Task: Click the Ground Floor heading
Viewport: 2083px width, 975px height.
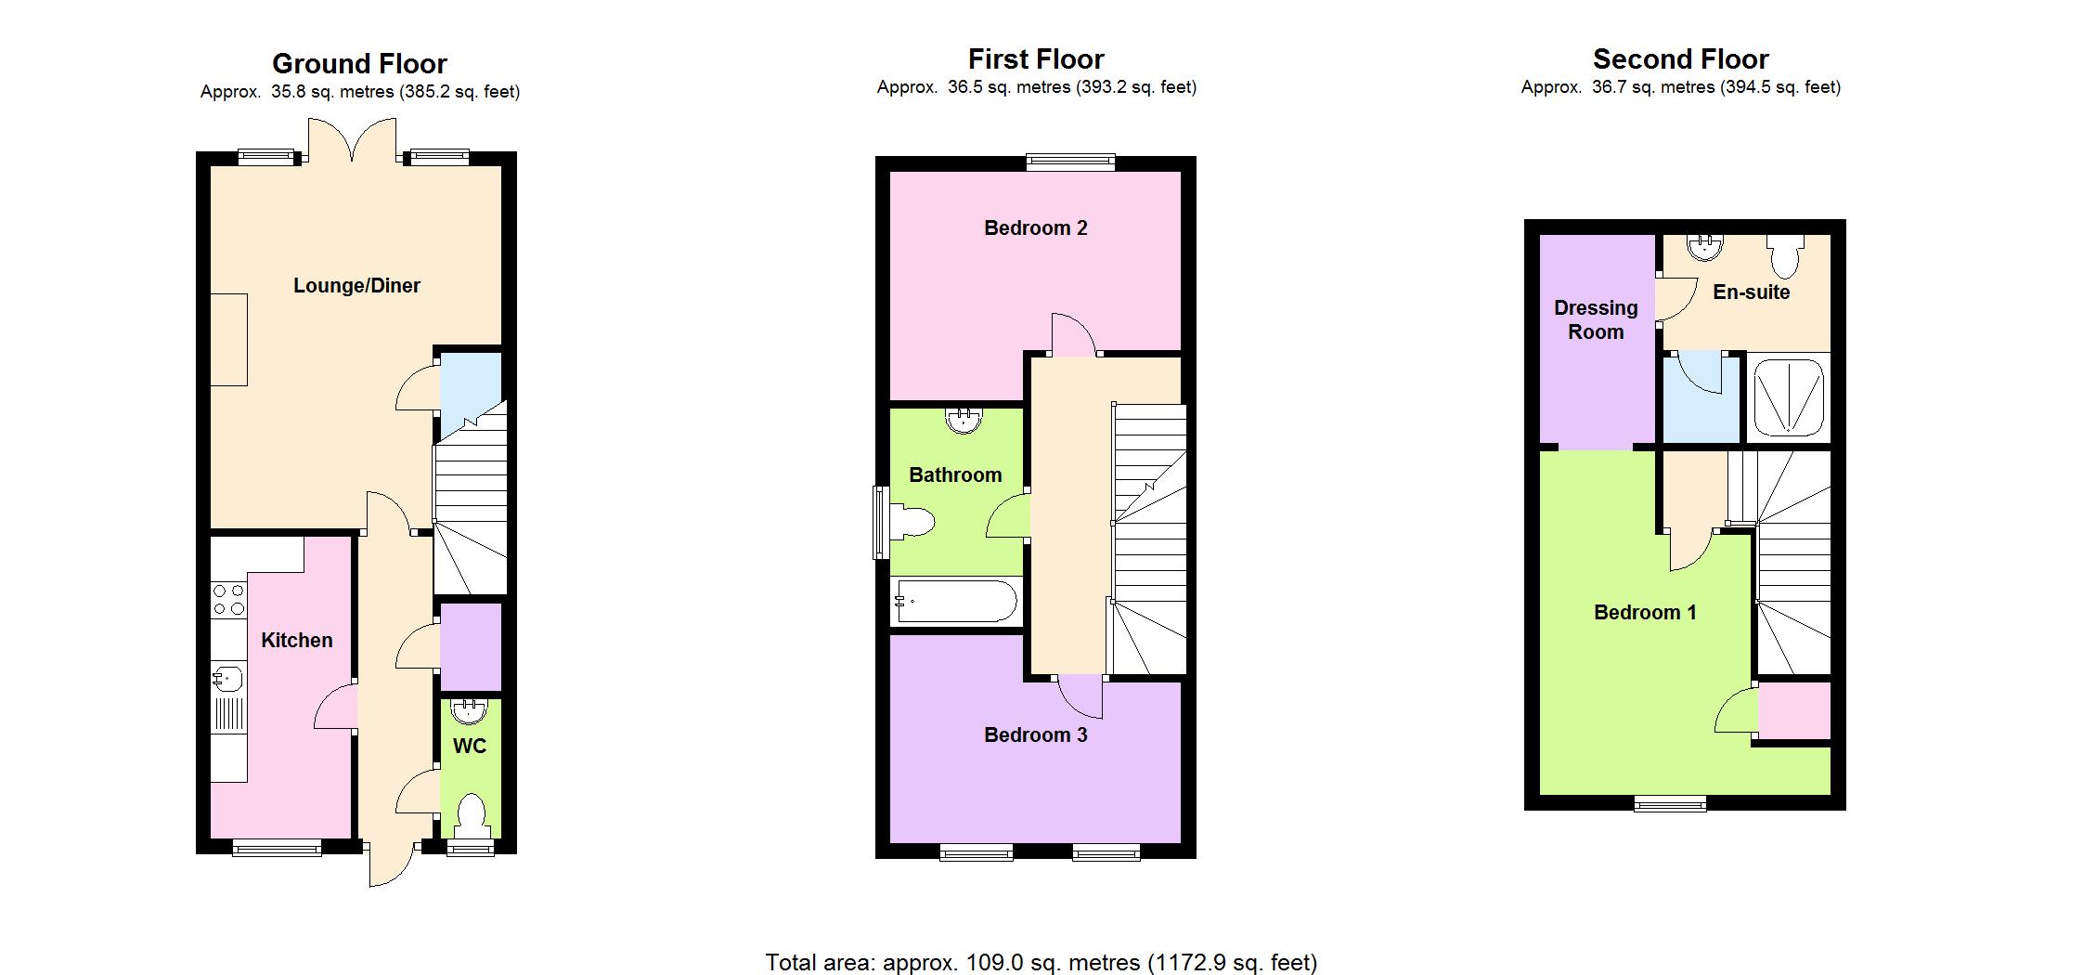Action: click(359, 63)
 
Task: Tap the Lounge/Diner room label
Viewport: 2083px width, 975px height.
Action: click(356, 286)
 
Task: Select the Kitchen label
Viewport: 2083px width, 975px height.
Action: click(296, 640)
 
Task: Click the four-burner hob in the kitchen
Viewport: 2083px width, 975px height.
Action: click(228, 599)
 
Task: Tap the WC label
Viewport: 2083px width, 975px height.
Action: click(470, 747)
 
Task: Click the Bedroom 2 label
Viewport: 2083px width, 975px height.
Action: click(1036, 227)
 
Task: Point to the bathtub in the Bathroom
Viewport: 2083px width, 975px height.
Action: click(955, 602)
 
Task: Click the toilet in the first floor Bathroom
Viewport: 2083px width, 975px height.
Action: click(912, 523)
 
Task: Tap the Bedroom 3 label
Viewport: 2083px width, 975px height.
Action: click(1036, 734)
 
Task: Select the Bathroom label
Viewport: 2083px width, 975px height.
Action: click(955, 475)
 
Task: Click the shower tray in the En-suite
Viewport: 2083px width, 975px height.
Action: click(1789, 397)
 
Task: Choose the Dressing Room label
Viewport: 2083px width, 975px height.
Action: click(1596, 319)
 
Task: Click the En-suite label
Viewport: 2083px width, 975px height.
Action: click(1751, 292)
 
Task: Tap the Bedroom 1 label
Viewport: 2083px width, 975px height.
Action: click(1645, 612)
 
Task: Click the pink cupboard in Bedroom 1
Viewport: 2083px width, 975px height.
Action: click(1794, 710)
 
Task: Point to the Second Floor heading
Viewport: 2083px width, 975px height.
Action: click(1680, 59)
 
